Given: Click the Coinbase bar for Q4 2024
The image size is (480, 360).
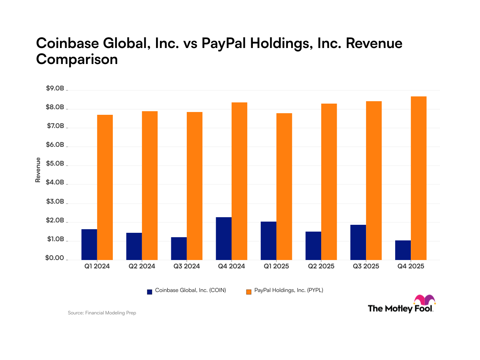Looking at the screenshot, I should pos(224,238).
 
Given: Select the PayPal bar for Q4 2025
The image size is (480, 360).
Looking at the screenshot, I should pos(418,178).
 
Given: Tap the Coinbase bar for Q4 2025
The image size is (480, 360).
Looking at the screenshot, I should pos(403,250).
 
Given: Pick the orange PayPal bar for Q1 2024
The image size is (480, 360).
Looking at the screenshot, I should pos(105,187).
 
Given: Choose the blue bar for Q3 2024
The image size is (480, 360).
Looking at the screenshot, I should pos(179,248).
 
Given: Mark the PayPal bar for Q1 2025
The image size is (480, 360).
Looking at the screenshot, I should pos(284,186).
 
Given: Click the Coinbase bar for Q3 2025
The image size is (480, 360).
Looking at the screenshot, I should pos(358,242).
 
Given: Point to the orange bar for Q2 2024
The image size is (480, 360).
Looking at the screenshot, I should pos(150,186).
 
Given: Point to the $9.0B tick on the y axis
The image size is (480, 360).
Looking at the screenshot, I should pos(55,89).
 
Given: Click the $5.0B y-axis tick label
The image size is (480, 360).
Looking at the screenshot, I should pos(55,164).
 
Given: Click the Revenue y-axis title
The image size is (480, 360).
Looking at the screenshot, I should pos(38,170).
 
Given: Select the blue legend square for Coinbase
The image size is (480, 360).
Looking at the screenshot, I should pos(150,292).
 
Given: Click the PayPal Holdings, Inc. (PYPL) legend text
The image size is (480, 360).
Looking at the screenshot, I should pos(288,291).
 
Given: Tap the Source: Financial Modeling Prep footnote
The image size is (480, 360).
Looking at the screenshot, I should pos(102,313).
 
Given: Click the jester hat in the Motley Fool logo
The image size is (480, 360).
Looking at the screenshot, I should pos(424,300).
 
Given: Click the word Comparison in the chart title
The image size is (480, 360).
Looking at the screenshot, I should pos(77,59).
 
